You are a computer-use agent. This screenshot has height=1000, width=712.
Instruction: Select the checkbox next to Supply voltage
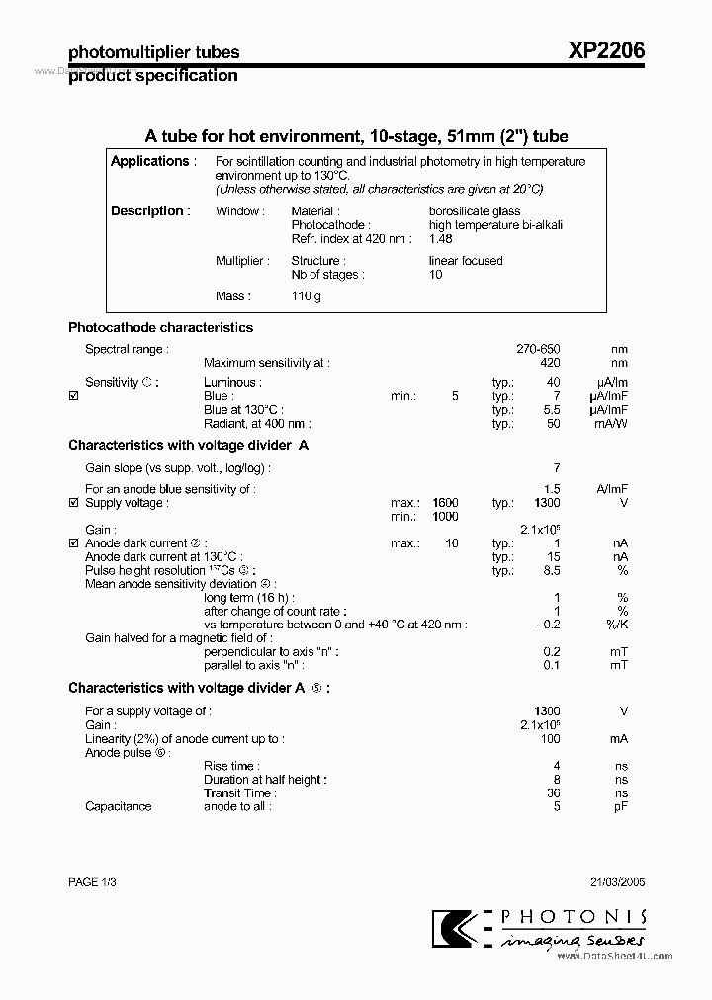pyautogui.click(x=73, y=503)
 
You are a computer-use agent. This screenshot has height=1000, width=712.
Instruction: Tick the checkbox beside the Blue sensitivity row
pyautogui.click(x=73, y=396)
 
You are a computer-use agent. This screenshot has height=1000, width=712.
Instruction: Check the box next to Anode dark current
pyautogui.click(x=73, y=543)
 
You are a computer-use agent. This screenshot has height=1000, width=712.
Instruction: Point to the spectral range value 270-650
pyautogui.click(x=538, y=349)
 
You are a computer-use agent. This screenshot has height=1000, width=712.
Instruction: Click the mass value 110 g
pyautogui.click(x=307, y=296)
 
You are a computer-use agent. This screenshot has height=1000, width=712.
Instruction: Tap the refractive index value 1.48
pyautogui.click(x=441, y=239)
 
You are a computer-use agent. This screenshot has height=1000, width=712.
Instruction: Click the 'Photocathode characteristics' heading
pyautogui.click(x=160, y=327)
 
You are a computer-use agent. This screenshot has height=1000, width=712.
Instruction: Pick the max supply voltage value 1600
pyautogui.click(x=446, y=503)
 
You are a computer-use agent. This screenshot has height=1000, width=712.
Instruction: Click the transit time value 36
pyautogui.click(x=554, y=792)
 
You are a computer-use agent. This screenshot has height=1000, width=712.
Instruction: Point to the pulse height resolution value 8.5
pyautogui.click(x=552, y=571)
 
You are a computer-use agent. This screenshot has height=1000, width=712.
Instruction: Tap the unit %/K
pyautogui.click(x=618, y=625)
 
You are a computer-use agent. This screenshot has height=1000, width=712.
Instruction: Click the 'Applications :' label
pyautogui.click(x=153, y=161)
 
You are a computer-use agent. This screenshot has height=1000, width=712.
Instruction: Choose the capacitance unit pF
pyautogui.click(x=620, y=806)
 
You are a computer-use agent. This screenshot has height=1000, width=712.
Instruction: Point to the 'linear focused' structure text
pyautogui.click(x=466, y=261)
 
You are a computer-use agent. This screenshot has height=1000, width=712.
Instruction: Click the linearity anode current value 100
pyautogui.click(x=550, y=739)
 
